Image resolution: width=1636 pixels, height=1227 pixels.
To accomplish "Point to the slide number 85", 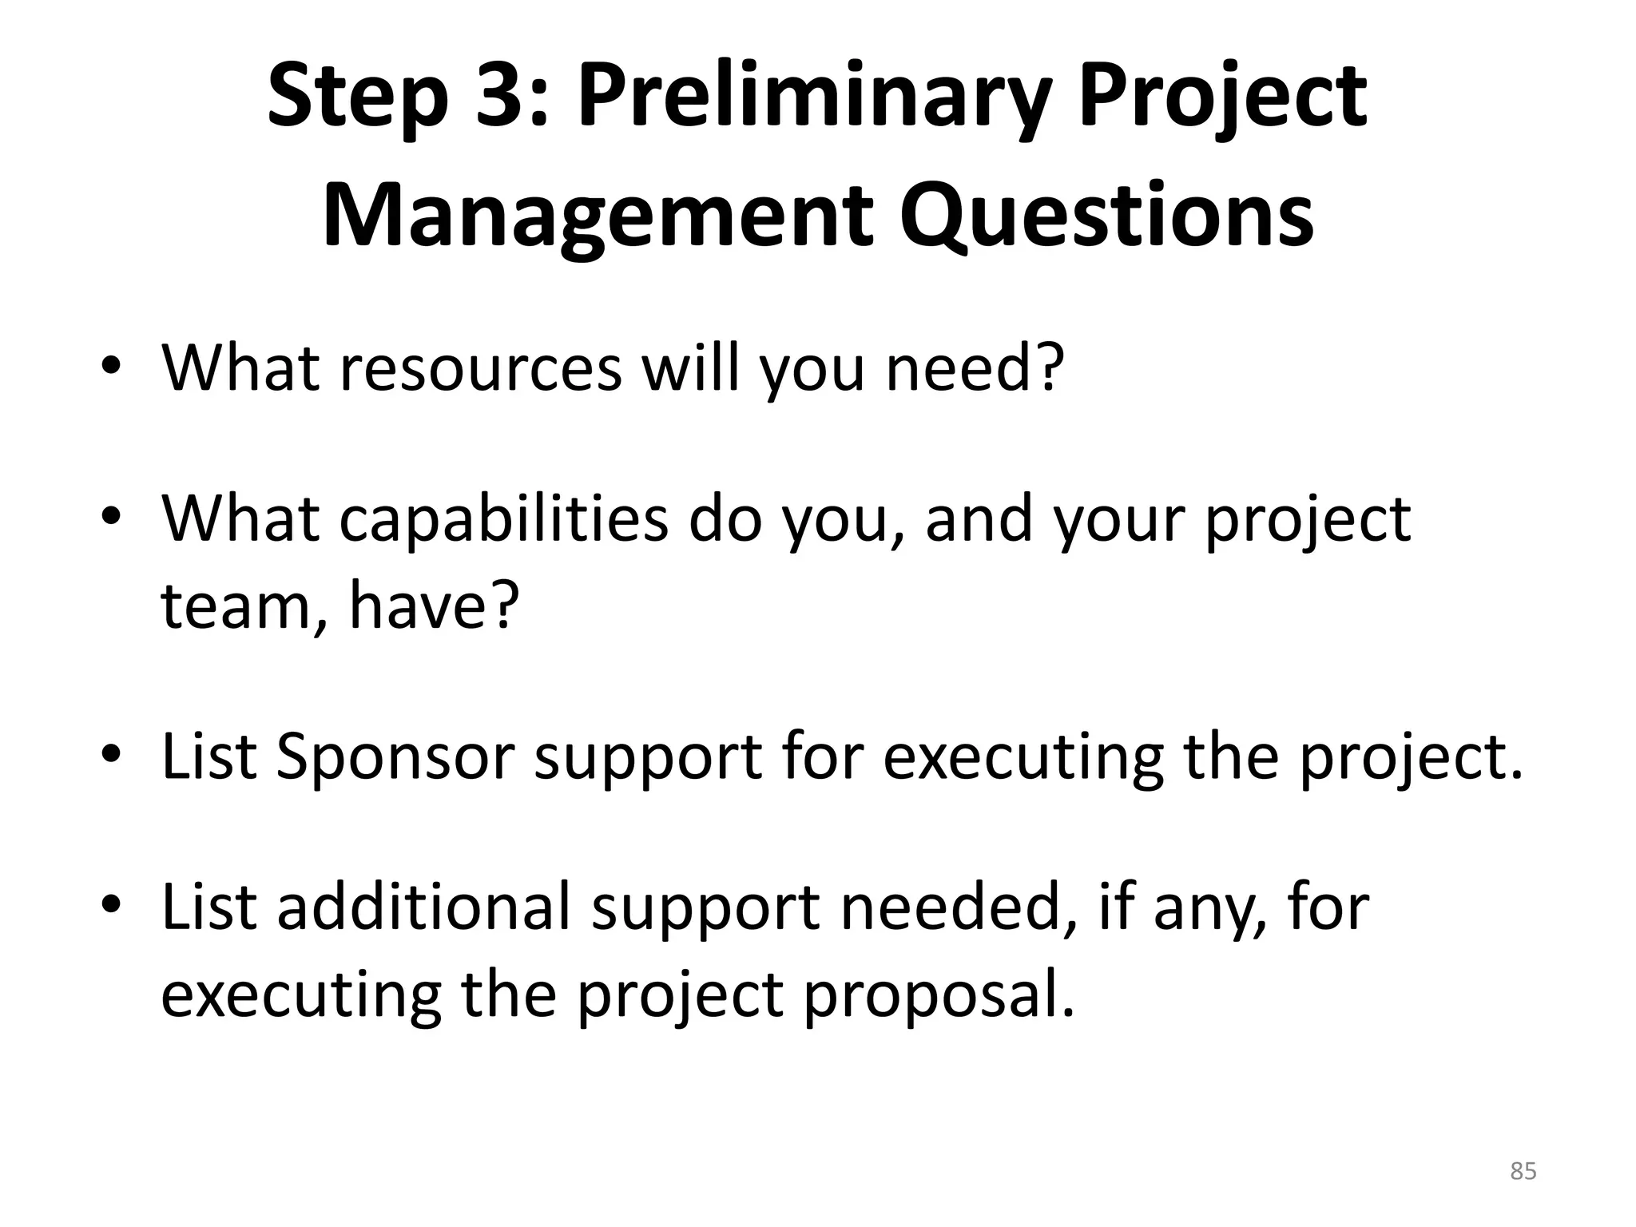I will tap(1523, 1171).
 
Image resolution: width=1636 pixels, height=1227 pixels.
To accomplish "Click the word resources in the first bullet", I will tap(480, 368).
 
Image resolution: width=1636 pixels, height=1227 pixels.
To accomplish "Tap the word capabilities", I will tap(504, 519).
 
